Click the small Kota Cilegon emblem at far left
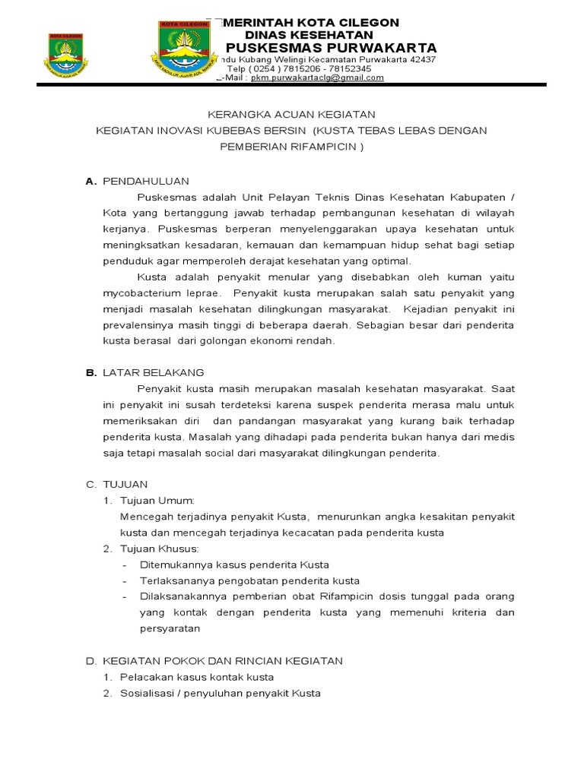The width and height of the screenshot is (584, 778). (67, 55)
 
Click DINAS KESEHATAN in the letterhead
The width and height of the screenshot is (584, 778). (309, 35)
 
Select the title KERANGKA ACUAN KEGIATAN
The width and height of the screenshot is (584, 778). (292, 114)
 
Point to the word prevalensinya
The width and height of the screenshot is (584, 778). (138, 325)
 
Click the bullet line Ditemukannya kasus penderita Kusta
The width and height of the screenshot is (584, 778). (234, 565)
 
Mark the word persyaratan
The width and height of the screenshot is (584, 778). (170, 628)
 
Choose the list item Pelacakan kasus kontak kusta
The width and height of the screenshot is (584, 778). (197, 677)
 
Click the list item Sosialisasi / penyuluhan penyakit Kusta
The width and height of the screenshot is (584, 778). (221, 693)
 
